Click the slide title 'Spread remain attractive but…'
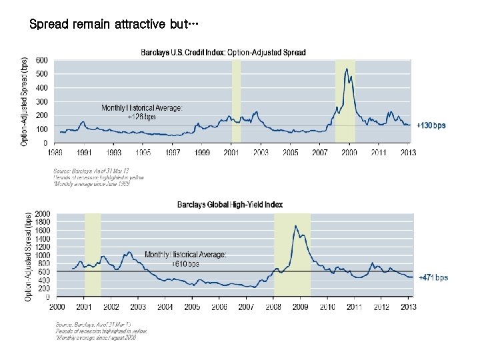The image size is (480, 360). coord(114,25)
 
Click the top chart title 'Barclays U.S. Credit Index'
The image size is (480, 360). coord(223,53)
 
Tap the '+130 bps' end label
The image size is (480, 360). coord(431,125)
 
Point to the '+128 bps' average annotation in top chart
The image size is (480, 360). coord(141,116)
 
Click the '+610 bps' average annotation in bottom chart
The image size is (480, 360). coord(185,264)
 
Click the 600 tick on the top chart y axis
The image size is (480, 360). coord(41,60)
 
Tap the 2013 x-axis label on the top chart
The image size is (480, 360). coord(407,153)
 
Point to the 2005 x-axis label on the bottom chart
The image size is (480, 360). coord(192,307)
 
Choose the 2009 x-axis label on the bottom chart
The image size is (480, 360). coord(300,307)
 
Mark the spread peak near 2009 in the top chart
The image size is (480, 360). coord(347,69)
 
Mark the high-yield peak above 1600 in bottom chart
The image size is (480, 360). coord(295,226)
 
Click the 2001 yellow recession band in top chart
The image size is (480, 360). coord(236,100)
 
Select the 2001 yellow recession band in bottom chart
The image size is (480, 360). coord(93,253)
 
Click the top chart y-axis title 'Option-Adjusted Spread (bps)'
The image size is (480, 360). coord(25,101)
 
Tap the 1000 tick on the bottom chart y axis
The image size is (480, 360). coord(41,255)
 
